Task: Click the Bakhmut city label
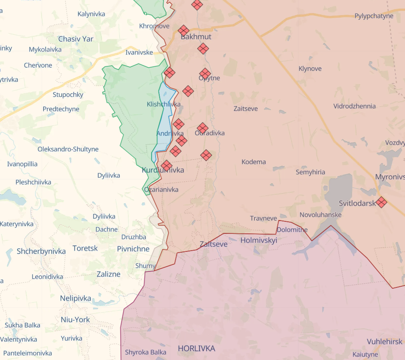pos(196,36)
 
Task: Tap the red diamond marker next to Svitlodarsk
pos(381,202)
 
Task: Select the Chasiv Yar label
pos(76,39)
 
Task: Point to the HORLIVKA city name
pos(196,348)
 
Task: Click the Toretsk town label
pos(85,248)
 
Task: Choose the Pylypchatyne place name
pos(374,16)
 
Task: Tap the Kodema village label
pos(254,162)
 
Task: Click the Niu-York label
pos(75,320)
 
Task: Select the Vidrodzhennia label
pos(355,106)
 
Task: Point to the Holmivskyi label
pos(258,240)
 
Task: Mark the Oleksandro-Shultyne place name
pos(68,149)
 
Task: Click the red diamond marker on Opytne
pos(205,74)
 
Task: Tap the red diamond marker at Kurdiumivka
pos(167,165)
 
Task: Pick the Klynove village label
pos(310,68)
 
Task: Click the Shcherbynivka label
pos(41,251)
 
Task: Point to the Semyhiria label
pos(310,172)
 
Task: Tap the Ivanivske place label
pos(139,52)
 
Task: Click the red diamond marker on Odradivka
pos(203,128)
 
